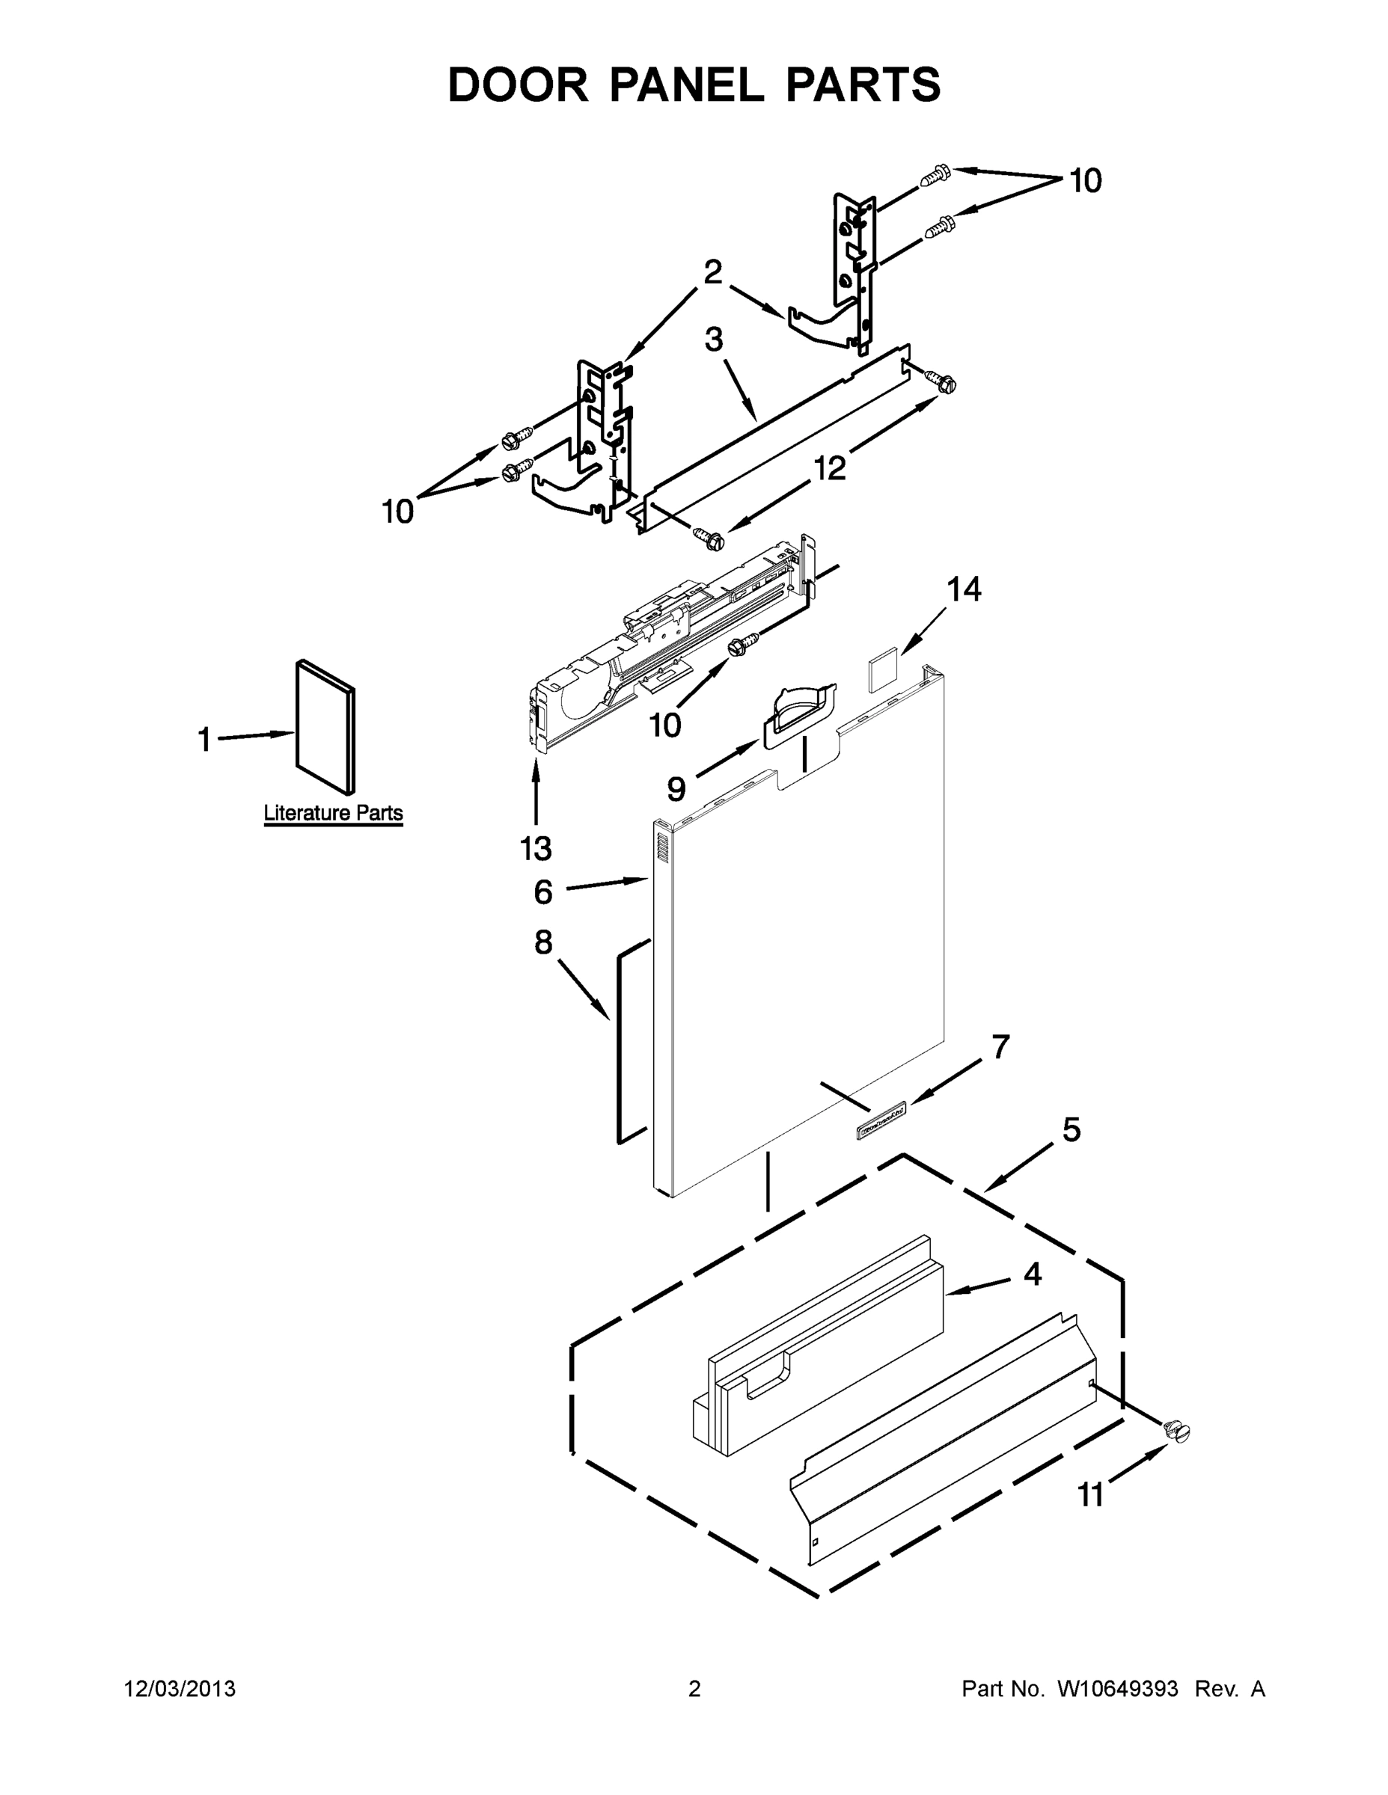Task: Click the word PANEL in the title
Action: coord(686,85)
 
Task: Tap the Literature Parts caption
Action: coord(333,813)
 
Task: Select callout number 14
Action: coord(964,589)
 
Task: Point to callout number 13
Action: coord(535,848)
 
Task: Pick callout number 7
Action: coord(1000,1047)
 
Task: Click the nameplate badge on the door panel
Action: coord(881,1120)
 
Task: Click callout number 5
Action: coord(1071,1130)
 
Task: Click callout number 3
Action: coord(713,339)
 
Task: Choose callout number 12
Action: coord(830,468)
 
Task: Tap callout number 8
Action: coord(542,942)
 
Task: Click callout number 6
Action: coord(542,892)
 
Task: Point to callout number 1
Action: coord(205,740)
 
